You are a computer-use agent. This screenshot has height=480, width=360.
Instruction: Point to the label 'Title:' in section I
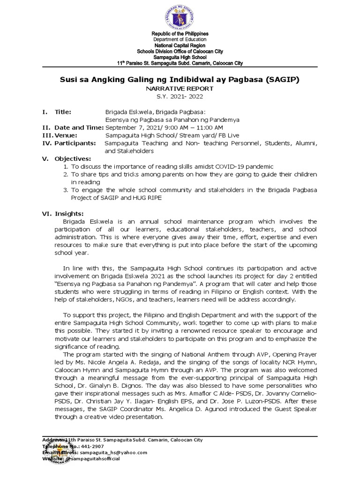[x=63, y=112]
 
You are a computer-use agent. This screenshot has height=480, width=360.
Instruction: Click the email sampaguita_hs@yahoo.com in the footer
[x=111, y=452]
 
